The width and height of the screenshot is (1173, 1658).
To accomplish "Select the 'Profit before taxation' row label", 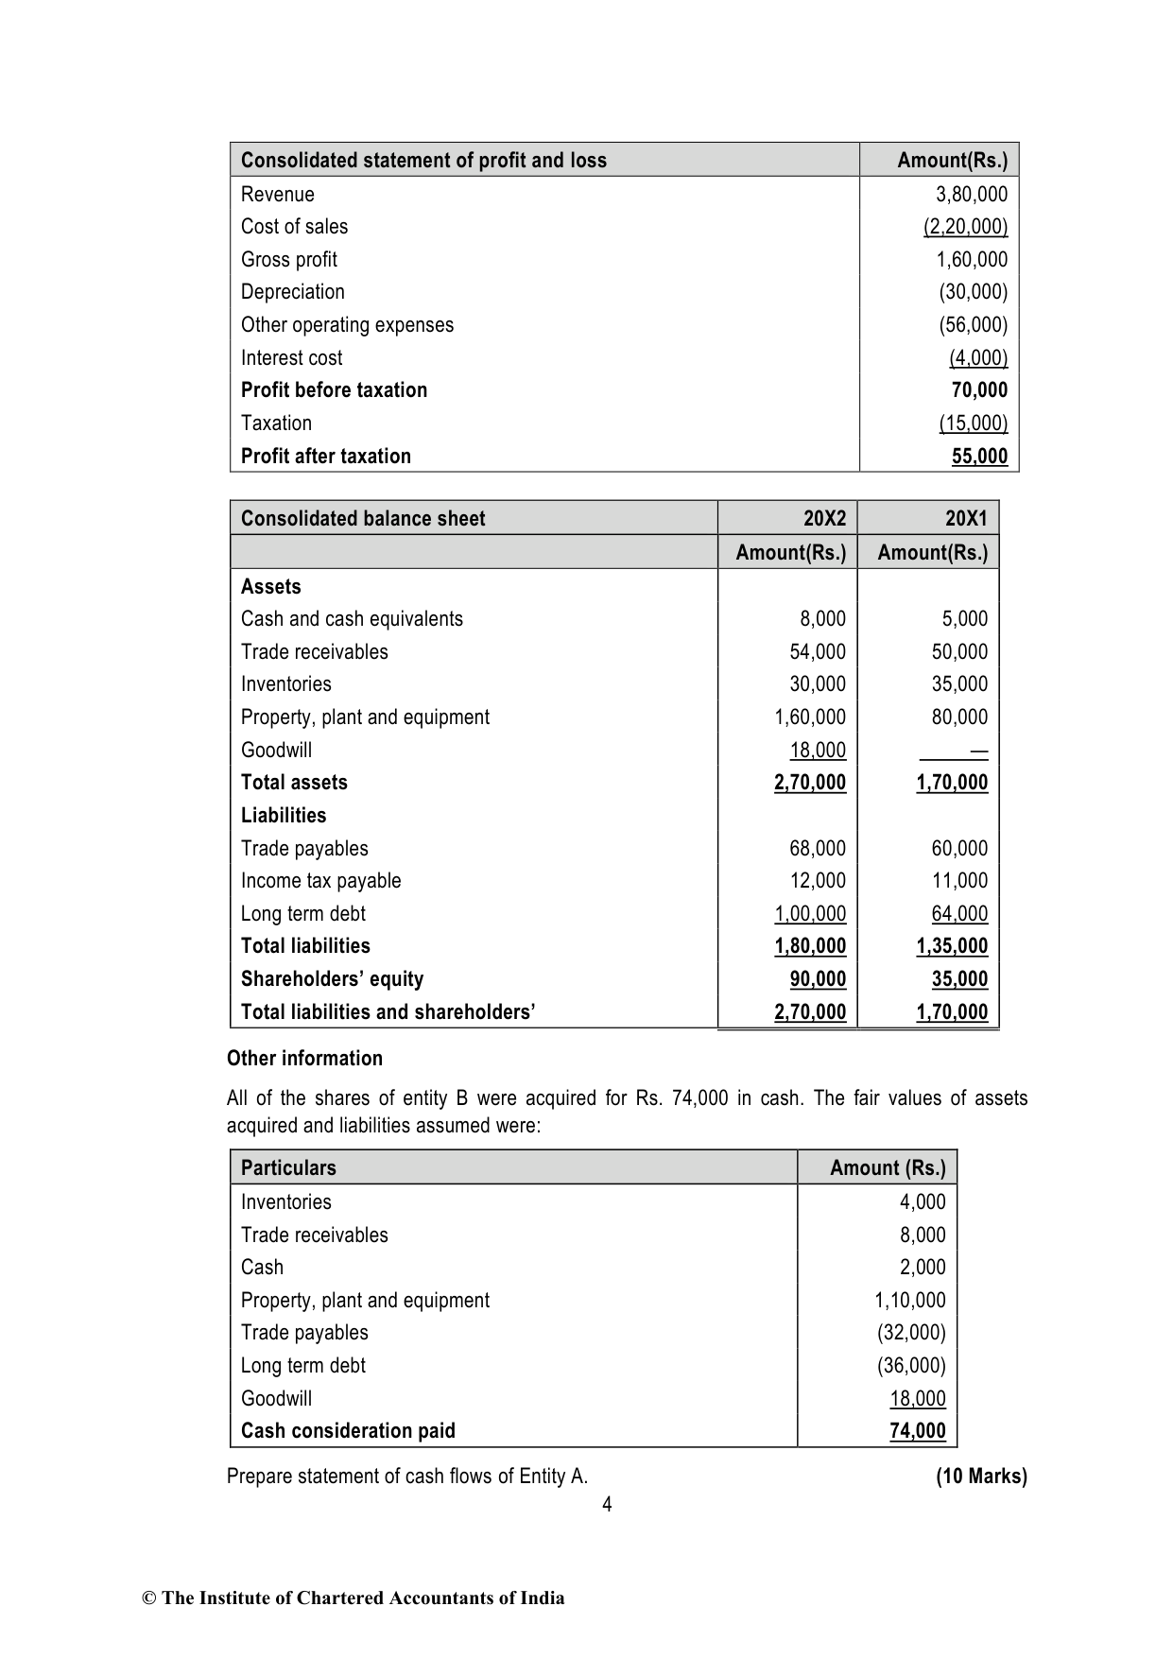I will click(x=334, y=390).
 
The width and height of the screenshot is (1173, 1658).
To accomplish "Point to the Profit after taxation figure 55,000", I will click(x=979, y=457).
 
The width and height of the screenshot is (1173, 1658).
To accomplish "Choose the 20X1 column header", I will click(x=966, y=518).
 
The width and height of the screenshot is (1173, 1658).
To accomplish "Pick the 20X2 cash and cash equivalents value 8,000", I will click(x=822, y=619).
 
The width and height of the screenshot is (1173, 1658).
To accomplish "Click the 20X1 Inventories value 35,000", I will click(x=959, y=684).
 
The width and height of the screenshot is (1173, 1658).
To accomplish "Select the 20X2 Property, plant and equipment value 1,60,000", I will click(x=810, y=717).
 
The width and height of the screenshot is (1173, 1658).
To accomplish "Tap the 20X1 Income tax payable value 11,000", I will click(x=959, y=881).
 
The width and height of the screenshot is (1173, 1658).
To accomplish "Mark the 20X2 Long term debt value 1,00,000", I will click(x=810, y=914).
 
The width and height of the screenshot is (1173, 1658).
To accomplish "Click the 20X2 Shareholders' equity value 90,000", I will click(x=818, y=979).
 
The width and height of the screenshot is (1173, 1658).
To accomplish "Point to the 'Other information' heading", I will click(x=304, y=1059).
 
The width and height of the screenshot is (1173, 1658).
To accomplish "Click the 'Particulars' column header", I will click(x=288, y=1168).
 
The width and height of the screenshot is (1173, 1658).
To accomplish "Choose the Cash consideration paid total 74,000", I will click(x=917, y=1431).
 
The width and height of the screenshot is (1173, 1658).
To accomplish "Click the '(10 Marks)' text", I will click(x=981, y=1477).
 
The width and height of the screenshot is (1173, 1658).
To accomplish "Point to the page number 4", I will click(x=607, y=1505).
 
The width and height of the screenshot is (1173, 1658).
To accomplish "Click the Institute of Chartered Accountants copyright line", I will click(x=354, y=1598).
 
